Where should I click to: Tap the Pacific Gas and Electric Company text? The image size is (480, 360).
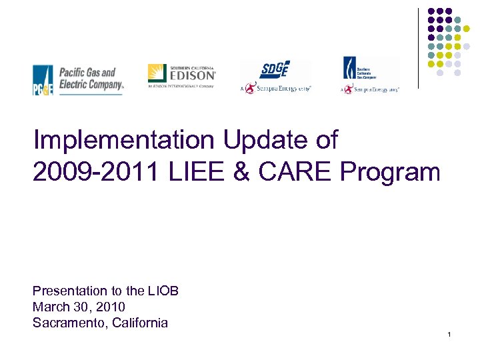click(x=91, y=78)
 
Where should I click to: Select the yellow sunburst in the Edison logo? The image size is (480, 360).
click(x=157, y=73)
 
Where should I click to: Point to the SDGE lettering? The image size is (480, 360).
click(x=275, y=69)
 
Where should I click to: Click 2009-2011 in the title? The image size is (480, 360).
click(x=93, y=172)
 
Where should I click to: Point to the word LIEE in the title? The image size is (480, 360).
click(x=192, y=172)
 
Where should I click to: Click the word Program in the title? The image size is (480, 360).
click(x=390, y=172)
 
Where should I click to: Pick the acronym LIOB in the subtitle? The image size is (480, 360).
click(x=163, y=291)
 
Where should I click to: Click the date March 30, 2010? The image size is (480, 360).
click(x=79, y=307)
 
